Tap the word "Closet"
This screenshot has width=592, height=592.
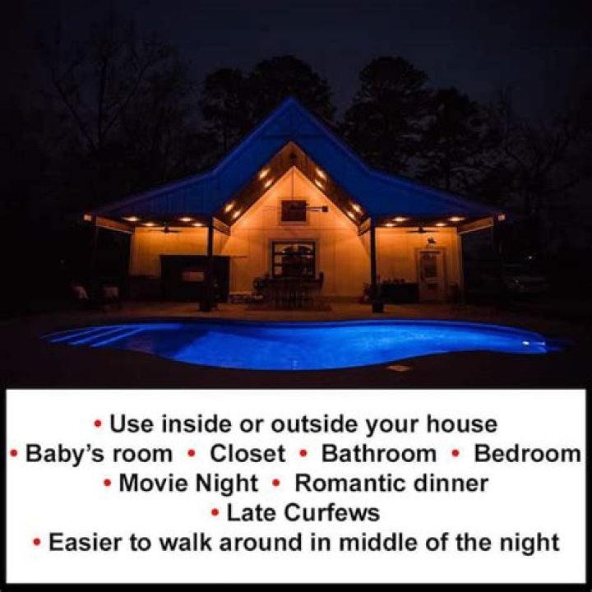coord(247,454)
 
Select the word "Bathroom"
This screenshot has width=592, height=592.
coord(379,454)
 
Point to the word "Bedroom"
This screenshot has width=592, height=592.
coord(527,454)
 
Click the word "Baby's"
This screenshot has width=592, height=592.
coord(59,454)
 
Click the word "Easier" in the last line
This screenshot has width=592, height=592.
coord(86,542)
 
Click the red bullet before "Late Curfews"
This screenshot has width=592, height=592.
coord(215,513)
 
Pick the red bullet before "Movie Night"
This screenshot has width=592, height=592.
coord(108,483)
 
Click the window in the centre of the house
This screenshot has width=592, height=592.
coord(294,260)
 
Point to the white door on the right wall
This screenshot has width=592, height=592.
coord(428,274)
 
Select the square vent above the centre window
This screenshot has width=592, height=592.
coord(294,210)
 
